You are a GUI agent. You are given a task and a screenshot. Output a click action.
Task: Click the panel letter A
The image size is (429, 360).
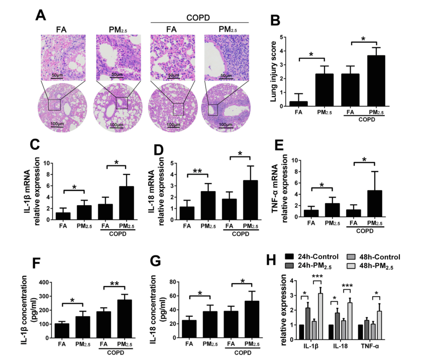(x=42, y=16)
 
